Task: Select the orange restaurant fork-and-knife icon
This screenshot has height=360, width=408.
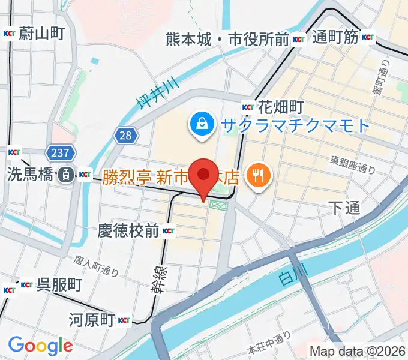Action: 260,175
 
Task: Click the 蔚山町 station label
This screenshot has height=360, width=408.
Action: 41,33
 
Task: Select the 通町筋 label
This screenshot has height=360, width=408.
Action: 335,38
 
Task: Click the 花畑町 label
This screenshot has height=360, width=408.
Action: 279,107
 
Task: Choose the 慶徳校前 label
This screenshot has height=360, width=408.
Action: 128,230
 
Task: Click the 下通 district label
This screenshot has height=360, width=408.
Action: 344,208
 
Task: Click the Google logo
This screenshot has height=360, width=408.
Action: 40,346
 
